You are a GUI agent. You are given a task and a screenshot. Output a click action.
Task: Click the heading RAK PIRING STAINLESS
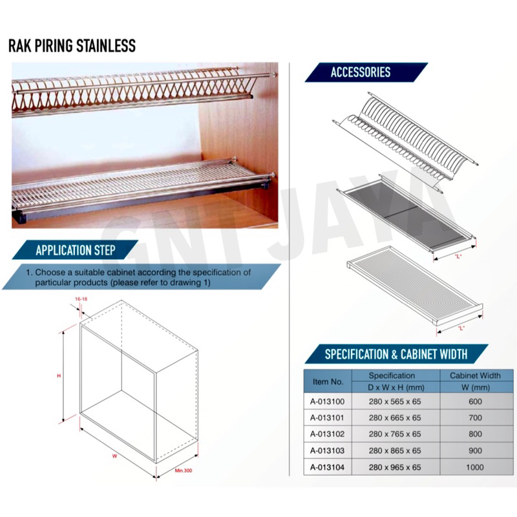click(72, 46)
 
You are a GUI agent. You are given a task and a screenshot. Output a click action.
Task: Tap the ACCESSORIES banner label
click(361, 72)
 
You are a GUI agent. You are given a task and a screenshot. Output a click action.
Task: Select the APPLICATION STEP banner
click(76, 250)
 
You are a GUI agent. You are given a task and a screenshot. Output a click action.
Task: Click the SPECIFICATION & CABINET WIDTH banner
click(396, 354)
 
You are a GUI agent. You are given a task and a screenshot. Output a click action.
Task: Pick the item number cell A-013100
click(327, 401)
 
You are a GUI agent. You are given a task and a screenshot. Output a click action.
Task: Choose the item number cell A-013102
click(327, 434)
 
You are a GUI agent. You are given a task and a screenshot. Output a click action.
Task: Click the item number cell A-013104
click(327, 467)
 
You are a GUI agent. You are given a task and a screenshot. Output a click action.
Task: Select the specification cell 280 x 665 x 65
click(395, 417)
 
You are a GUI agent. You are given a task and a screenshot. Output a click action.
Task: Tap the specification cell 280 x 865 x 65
click(395, 450)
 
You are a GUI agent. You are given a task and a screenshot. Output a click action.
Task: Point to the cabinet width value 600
click(475, 401)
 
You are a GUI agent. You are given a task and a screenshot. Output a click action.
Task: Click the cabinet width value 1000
click(475, 467)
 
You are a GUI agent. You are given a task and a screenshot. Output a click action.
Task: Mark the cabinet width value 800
click(475, 434)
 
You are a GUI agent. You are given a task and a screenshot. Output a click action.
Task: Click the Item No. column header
click(328, 381)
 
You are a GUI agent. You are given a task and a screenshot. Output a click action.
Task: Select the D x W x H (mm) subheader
click(396, 387)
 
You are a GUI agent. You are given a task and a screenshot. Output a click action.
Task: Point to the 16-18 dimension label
click(81, 299)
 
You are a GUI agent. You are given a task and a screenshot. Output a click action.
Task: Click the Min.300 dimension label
click(184, 470)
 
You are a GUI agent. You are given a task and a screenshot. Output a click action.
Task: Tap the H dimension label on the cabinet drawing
click(59, 376)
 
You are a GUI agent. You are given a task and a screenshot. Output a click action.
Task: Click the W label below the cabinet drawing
click(114, 456)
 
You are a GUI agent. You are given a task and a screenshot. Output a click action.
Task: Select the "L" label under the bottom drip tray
click(461, 328)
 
